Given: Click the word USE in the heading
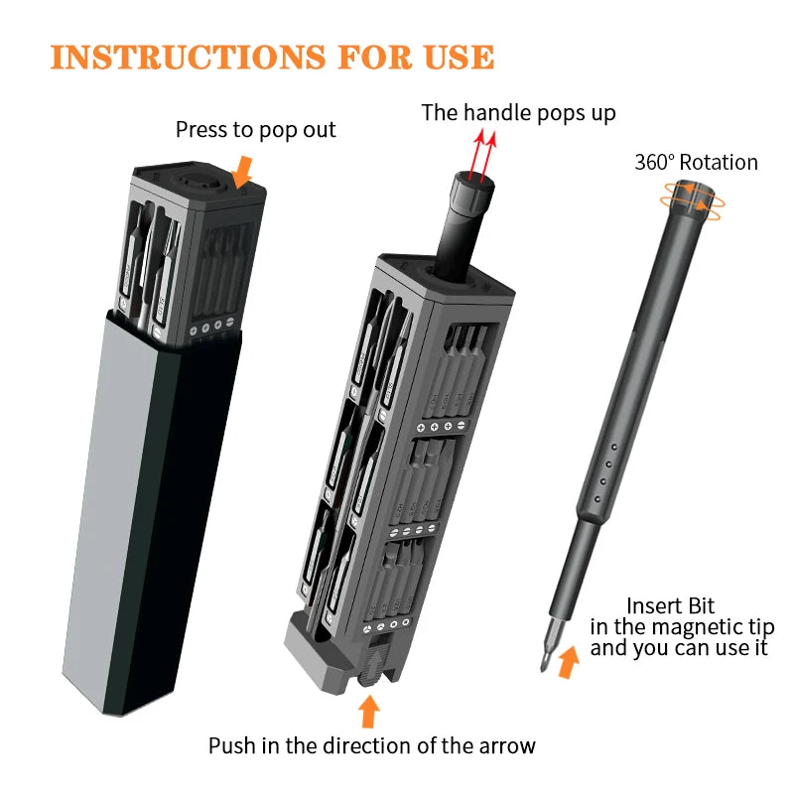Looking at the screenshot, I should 455,57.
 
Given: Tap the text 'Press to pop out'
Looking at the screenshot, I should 255,130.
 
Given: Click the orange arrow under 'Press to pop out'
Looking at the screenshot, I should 241,176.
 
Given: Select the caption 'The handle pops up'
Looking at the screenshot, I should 518,112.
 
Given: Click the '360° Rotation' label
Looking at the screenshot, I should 696,163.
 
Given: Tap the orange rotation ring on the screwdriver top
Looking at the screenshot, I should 692,198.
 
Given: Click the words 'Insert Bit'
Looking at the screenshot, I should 670,605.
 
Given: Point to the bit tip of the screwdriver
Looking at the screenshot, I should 546,660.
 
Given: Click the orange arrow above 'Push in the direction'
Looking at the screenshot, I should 369,711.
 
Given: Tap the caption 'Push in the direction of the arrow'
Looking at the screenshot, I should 371,746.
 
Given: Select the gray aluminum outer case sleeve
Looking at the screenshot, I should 149,516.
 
